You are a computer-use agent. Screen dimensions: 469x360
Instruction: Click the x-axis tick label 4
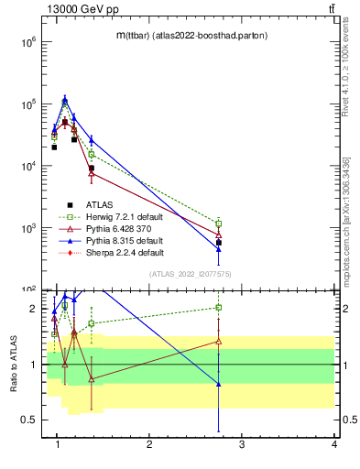point(334,445)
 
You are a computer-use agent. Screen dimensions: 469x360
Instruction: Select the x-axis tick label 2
point(149,445)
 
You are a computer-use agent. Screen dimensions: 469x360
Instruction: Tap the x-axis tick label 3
point(242,445)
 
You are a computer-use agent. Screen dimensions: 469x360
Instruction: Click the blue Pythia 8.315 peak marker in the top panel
point(65,100)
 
